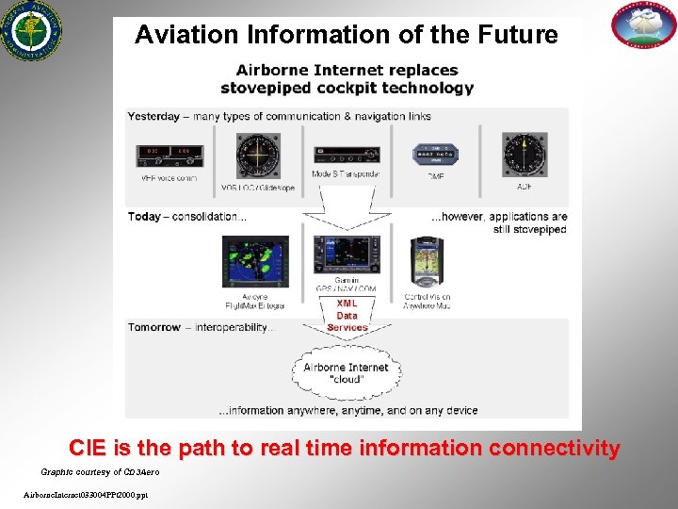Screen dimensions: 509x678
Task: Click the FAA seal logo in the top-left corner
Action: pos(28,30)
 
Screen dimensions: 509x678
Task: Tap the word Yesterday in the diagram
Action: pos(153,116)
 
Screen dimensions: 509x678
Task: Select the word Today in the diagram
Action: pos(144,216)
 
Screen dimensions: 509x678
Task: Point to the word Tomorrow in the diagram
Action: pos(154,327)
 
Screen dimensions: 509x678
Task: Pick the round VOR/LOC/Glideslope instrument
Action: pos(257,155)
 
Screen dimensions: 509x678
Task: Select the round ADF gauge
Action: pos(525,155)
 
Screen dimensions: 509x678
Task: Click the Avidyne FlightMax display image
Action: pos(255,263)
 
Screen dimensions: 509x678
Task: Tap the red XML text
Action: pos(347,304)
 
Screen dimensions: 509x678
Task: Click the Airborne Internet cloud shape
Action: pos(346,372)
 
